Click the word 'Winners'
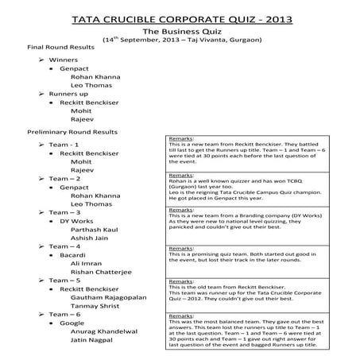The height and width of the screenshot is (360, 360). [x=64, y=60]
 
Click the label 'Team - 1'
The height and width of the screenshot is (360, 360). [x=64, y=144]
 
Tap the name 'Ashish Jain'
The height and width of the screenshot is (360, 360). [x=92, y=239]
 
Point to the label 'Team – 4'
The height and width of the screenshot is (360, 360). [x=65, y=247]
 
